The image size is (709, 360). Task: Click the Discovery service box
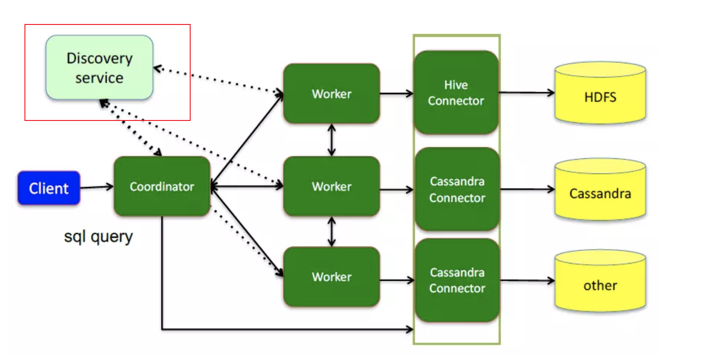pyautogui.click(x=99, y=67)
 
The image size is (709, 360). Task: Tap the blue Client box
pyautogui.click(x=49, y=188)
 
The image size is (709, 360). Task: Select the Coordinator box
pyautogui.click(x=162, y=186)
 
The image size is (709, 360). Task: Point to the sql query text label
pyautogui.click(x=98, y=237)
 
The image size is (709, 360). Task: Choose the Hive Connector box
pyautogui.click(x=456, y=92)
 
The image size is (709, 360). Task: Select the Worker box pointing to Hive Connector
pyautogui.click(x=331, y=94)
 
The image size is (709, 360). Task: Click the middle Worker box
pyautogui.click(x=331, y=186)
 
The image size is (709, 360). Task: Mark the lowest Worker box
pyautogui.click(x=331, y=277)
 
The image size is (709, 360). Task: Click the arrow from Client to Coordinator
pyautogui.click(x=97, y=187)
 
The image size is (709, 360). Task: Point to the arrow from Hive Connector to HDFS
pyautogui.click(x=526, y=93)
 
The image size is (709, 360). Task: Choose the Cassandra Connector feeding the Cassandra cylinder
pyautogui.click(x=457, y=189)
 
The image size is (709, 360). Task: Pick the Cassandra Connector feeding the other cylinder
pyautogui.click(x=457, y=280)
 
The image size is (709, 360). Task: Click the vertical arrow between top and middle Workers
pyautogui.click(x=331, y=140)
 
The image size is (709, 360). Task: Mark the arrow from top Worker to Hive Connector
pyautogui.click(x=397, y=94)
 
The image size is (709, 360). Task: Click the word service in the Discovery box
pyautogui.click(x=99, y=77)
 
